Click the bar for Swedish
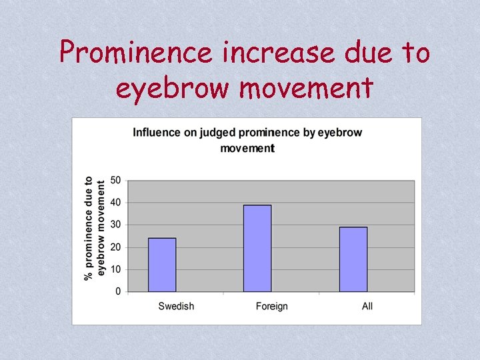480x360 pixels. (162, 265)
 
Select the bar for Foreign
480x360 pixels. (257, 248)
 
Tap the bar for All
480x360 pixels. (353, 259)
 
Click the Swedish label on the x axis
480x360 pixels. (176, 306)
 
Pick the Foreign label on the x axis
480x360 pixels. (271, 306)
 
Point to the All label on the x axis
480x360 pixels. (367, 306)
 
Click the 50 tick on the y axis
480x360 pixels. (115, 180)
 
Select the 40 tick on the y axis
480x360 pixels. (115, 202)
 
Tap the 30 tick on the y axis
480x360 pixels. (115, 225)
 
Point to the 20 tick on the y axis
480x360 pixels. (115, 247)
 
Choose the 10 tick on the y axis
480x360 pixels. (115, 269)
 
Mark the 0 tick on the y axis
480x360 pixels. (118, 291)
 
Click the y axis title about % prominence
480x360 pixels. (95, 228)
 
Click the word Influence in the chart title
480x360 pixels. (157, 132)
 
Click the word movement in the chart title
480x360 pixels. (247, 148)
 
